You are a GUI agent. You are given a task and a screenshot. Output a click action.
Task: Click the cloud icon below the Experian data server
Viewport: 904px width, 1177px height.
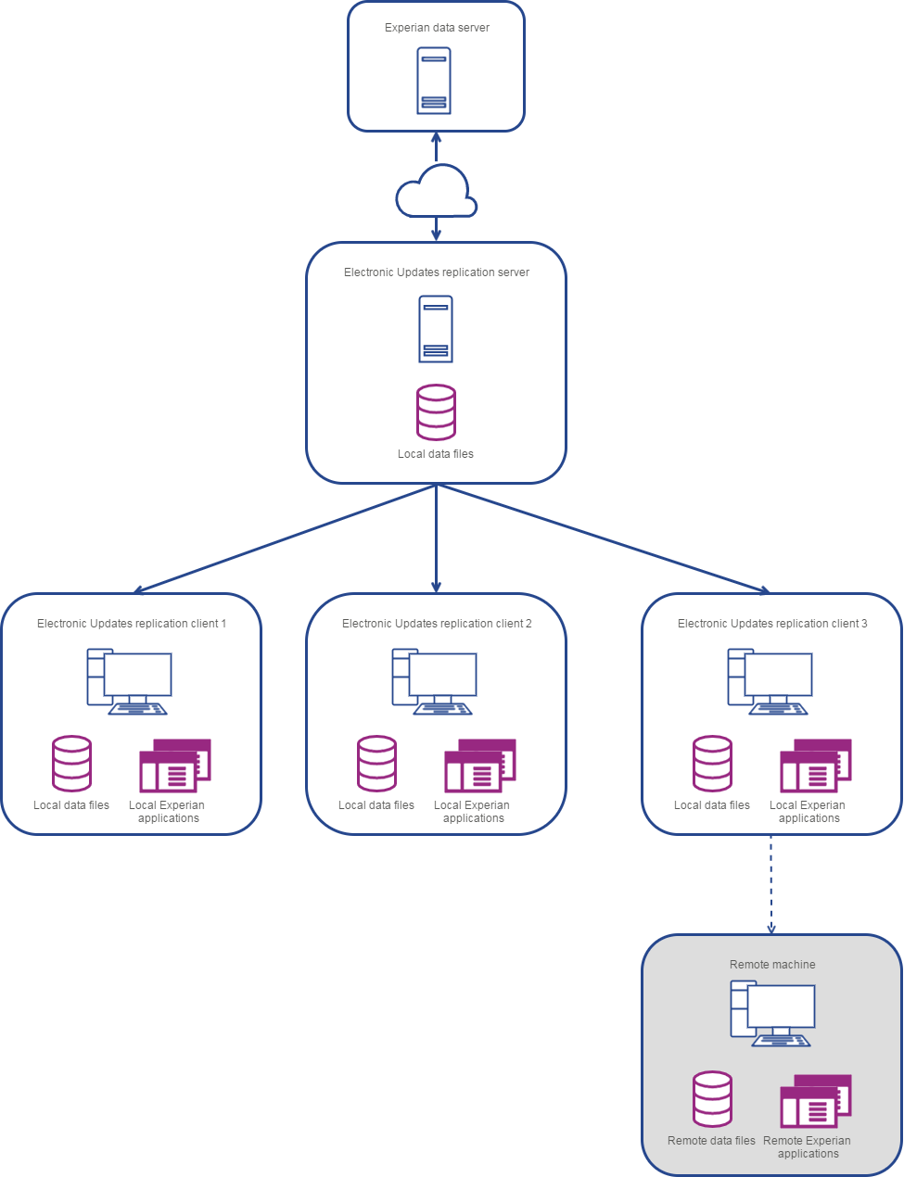coord(436,192)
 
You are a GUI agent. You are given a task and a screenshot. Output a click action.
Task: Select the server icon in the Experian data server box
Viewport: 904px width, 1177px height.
coord(434,81)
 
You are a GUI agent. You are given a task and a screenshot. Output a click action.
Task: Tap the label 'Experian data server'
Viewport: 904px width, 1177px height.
coord(437,28)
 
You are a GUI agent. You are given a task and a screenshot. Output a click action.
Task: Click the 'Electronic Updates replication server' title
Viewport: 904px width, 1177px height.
coord(437,272)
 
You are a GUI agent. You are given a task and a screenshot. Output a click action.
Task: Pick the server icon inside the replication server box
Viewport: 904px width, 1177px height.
coord(436,329)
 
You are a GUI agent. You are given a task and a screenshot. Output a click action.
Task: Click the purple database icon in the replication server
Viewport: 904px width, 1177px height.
coord(436,412)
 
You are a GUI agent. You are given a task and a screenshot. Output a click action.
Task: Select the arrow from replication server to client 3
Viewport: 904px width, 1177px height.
coord(603,538)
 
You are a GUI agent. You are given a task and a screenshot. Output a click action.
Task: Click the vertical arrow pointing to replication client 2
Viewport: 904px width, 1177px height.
coord(436,538)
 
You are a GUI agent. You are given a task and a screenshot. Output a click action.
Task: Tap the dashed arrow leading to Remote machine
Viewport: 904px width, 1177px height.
coord(771,884)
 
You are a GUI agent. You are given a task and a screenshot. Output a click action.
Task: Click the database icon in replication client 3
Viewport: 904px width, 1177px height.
coord(712,764)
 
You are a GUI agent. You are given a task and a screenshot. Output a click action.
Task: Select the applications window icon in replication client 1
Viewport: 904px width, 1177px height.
coord(175,765)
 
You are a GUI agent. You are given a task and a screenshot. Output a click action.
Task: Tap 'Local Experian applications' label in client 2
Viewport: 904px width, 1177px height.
coord(472,812)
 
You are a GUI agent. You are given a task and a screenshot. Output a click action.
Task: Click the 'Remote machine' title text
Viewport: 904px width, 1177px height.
coord(772,965)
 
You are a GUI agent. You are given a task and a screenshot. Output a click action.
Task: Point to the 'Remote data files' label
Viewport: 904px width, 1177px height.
coord(711,1141)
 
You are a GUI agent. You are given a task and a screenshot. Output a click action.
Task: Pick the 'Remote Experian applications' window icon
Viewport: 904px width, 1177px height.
coord(816,1100)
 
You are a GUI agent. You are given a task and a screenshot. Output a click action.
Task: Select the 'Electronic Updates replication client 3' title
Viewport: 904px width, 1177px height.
coord(772,624)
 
